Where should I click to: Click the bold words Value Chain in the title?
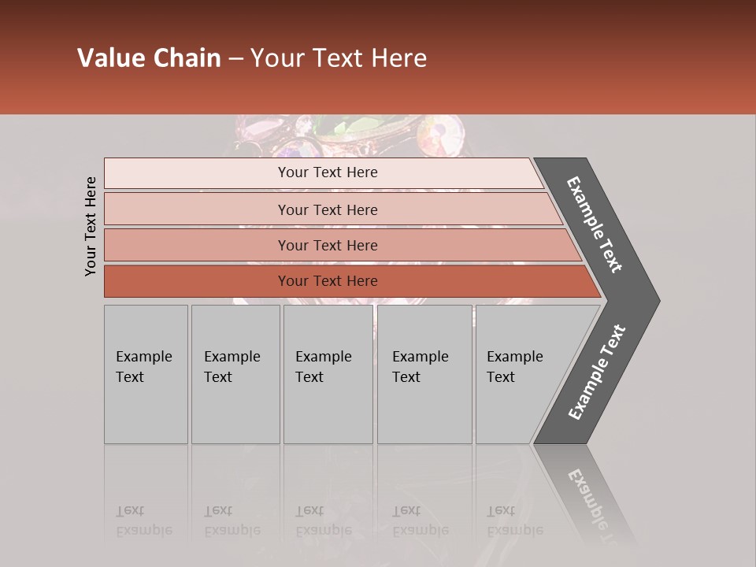(x=149, y=58)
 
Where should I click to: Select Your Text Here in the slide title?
(x=339, y=58)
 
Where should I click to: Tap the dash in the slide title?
(x=235, y=59)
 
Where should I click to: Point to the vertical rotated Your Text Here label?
(x=91, y=226)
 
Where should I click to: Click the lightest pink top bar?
(x=327, y=172)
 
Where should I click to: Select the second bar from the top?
(x=327, y=209)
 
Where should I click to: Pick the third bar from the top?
(x=327, y=245)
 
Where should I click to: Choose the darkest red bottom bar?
(x=327, y=281)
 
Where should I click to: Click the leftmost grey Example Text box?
(x=146, y=374)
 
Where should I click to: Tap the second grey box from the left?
(x=235, y=374)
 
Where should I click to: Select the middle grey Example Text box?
(x=328, y=374)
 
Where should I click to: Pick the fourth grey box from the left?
(x=424, y=374)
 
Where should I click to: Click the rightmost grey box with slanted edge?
(x=520, y=374)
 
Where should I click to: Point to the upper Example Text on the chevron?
(x=595, y=224)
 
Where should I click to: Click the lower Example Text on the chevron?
(x=597, y=372)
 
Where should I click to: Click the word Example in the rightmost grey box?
(x=514, y=357)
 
